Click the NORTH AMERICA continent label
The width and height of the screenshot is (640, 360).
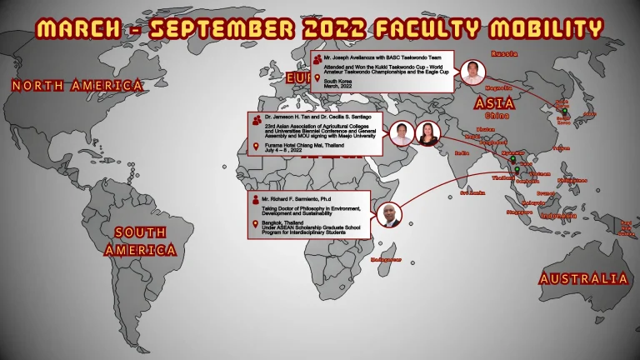click(77, 85)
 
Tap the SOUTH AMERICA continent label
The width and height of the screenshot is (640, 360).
click(140, 241)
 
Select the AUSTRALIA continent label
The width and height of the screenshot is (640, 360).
click(582, 279)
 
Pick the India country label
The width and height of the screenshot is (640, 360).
click(461, 153)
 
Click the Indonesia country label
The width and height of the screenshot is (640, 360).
click(557, 216)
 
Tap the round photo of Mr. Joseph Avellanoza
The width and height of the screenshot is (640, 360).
click(472, 72)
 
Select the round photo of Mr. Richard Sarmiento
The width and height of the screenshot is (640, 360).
click(389, 215)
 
